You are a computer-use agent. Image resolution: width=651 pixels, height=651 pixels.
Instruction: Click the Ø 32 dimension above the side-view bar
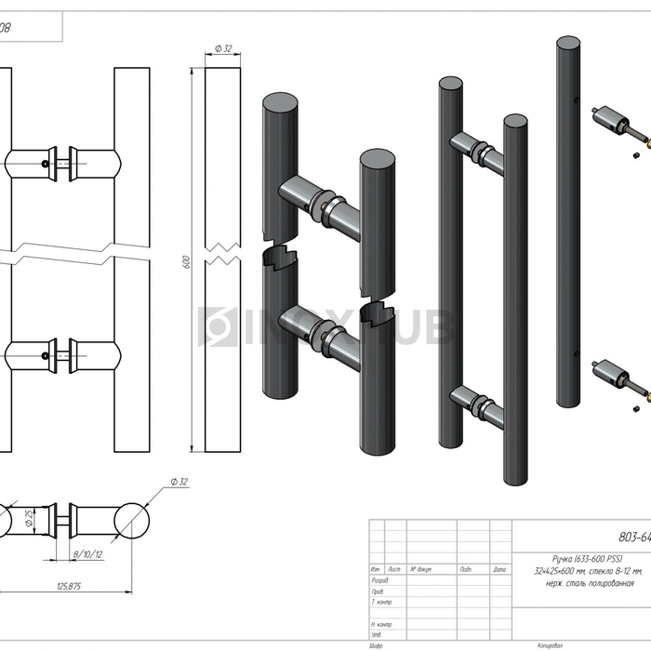pyautogui.click(x=222, y=48)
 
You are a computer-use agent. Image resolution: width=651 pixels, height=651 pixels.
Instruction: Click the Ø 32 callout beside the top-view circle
pyautogui.click(x=179, y=481)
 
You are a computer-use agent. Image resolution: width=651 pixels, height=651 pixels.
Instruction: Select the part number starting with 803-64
pyautogui.click(x=633, y=536)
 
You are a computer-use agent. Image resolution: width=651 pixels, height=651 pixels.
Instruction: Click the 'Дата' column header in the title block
pyautogui.click(x=498, y=569)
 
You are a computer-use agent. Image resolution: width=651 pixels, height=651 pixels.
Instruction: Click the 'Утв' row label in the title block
pyautogui.click(x=376, y=634)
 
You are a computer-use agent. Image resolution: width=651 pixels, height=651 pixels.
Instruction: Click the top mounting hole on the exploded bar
pyautogui.click(x=578, y=103)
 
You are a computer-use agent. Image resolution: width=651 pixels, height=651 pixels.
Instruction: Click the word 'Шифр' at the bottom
pyautogui.click(x=377, y=644)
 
